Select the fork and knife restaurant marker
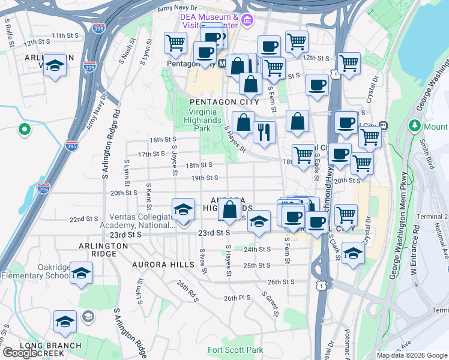tap(264, 132)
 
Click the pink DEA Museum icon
tap(246, 22)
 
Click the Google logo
tap(19, 353)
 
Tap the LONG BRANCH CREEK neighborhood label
tap(50, 349)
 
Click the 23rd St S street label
tap(214, 232)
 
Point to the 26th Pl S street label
tap(236, 298)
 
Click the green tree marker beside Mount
tap(413, 126)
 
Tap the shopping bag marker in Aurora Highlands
tap(230, 211)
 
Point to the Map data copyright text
tap(412, 355)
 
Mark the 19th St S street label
tap(204, 178)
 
